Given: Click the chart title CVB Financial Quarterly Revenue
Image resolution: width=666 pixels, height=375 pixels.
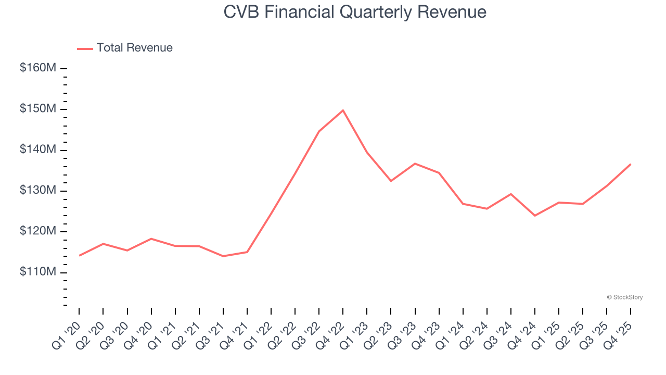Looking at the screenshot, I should [x=355, y=12].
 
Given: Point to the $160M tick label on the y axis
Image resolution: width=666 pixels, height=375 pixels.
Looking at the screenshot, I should [x=38, y=68].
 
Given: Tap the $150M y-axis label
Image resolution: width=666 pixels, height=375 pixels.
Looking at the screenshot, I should [x=38, y=109].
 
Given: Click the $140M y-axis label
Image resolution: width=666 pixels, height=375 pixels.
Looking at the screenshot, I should [x=38, y=150].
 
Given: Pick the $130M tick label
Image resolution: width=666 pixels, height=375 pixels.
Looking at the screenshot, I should [x=38, y=191].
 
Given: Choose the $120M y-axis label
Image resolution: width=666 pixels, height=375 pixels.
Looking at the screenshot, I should [x=38, y=232].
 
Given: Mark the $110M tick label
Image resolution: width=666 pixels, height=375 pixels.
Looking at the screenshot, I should [x=38, y=272].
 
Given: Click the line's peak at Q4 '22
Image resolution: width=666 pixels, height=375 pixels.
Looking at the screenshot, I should [x=343, y=110].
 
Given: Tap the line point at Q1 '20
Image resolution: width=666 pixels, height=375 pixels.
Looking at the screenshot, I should [x=79, y=256].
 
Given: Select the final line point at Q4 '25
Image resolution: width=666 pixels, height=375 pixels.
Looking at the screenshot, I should [x=631, y=165].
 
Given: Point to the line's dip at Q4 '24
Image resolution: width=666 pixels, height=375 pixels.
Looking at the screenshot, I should [x=535, y=216].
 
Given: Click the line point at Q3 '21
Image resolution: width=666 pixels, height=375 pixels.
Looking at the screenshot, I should [x=223, y=256].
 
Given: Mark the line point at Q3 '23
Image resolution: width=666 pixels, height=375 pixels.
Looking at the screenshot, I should [x=415, y=164].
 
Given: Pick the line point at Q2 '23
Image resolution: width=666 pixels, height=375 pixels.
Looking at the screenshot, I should [x=391, y=181].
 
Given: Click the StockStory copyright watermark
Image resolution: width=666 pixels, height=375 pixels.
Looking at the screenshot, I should [x=624, y=297].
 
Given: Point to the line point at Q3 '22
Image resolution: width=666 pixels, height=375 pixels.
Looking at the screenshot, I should [x=319, y=131].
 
